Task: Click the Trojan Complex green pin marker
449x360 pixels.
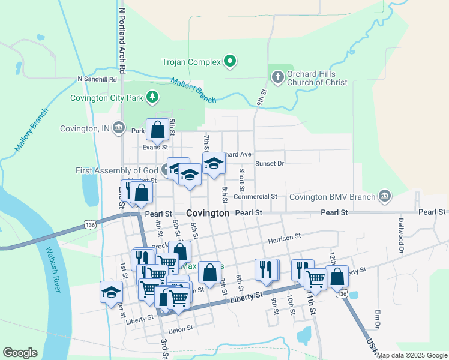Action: click(x=229, y=61)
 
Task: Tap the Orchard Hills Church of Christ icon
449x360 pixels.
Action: click(x=277, y=77)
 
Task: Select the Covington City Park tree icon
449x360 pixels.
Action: click(x=153, y=97)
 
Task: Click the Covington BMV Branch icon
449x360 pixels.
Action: click(x=384, y=196)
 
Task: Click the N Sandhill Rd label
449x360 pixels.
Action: click(x=97, y=79)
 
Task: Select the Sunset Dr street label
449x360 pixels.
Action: click(x=269, y=163)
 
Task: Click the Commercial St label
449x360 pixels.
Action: click(x=255, y=196)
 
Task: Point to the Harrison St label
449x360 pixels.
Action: click(x=284, y=238)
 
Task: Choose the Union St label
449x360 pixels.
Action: click(x=181, y=329)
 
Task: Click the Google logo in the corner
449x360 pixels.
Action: click(x=20, y=353)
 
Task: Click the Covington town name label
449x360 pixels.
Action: click(x=208, y=213)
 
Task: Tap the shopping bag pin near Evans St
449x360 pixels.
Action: click(x=157, y=128)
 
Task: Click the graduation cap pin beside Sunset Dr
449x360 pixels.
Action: click(x=213, y=164)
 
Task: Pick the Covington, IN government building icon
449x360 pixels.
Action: click(x=119, y=128)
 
